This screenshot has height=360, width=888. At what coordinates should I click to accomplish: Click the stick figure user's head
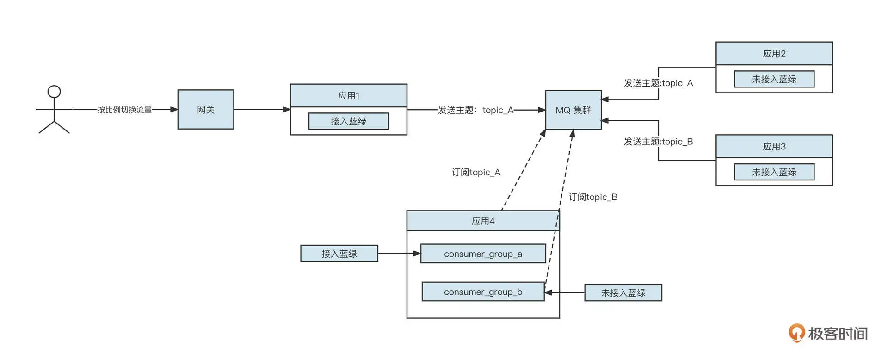[x=54, y=91]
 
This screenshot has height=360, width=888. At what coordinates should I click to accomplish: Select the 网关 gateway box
[x=206, y=110]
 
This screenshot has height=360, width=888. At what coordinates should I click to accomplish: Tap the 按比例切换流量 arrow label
[x=124, y=110]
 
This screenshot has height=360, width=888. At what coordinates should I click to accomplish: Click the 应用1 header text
[x=349, y=96]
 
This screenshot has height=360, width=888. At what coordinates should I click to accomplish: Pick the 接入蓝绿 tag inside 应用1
[x=349, y=121]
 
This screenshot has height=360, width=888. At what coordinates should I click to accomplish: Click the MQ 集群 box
[x=573, y=110]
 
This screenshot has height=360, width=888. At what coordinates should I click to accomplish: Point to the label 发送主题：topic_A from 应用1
[x=476, y=110]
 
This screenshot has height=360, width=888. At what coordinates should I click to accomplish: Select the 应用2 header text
[x=774, y=54]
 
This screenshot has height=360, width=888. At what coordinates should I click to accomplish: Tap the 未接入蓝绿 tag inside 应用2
[x=774, y=79]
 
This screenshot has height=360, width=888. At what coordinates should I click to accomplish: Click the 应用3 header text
[x=774, y=147]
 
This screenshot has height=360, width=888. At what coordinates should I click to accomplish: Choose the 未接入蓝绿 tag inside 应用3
[x=774, y=172]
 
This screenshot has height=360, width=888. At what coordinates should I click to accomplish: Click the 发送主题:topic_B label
[x=658, y=142]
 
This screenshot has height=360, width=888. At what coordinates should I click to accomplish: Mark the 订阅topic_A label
[x=476, y=173]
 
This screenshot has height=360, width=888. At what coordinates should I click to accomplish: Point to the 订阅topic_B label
[x=593, y=197]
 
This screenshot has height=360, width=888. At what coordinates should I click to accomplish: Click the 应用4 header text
[x=483, y=221]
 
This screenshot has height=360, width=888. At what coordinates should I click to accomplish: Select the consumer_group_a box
[x=483, y=254]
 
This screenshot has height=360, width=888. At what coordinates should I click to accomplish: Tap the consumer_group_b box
[x=483, y=292]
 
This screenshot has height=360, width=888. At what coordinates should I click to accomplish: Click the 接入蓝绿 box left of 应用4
[x=339, y=254]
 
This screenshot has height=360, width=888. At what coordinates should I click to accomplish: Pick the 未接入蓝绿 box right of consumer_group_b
[x=623, y=293]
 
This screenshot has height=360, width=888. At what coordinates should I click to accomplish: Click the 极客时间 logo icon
[x=796, y=333]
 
